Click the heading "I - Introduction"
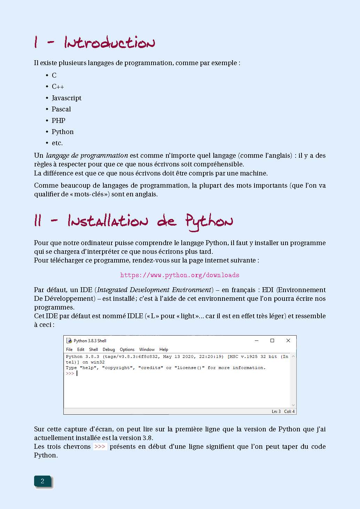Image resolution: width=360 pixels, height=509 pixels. coord(94,43)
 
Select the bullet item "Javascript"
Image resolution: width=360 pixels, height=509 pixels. coord(66,98)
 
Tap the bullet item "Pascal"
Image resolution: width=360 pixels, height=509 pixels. coord(61,109)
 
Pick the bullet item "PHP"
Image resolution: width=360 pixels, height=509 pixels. coord(58,120)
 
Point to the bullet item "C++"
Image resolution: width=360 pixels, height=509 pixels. coord(58,87)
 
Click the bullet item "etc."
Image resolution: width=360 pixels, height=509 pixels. coord(57,143)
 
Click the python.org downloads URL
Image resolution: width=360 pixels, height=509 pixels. coord(180,275)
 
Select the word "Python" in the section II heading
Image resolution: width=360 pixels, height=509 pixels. coord(209,222)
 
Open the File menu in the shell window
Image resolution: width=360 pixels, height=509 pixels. coord(69,350)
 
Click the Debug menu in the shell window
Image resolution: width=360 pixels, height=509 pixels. coord(109,350)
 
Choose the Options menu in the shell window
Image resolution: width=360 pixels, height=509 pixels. coord(127,350)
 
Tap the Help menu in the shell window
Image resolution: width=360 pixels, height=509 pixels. coord(164,350)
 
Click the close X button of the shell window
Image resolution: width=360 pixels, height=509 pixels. coord(288,340)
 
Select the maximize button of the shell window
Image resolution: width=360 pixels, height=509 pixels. coord(272,340)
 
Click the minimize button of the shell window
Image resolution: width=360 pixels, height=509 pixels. coord(257,340)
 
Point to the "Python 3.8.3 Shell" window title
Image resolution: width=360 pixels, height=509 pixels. coord(90,341)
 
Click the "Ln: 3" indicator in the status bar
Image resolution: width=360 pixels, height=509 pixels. coord(276,412)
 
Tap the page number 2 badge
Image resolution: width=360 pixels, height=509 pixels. coord(42,481)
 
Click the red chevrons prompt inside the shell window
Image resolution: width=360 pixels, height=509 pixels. coord(70,374)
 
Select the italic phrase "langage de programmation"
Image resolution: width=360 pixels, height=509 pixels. coord(87,156)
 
